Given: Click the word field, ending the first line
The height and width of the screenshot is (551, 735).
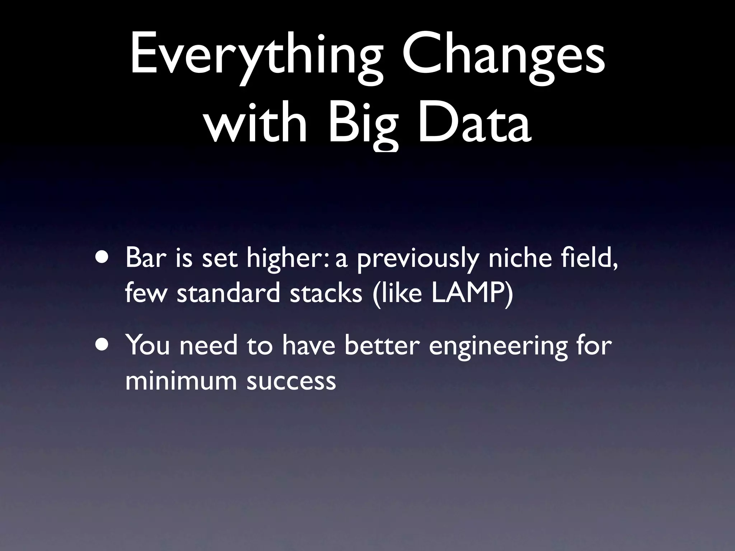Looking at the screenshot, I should (589, 258).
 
